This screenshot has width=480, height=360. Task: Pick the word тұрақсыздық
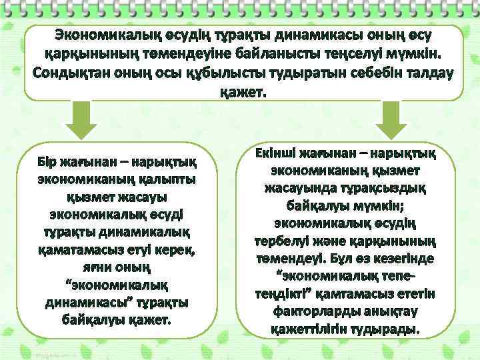tap(391, 189)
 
